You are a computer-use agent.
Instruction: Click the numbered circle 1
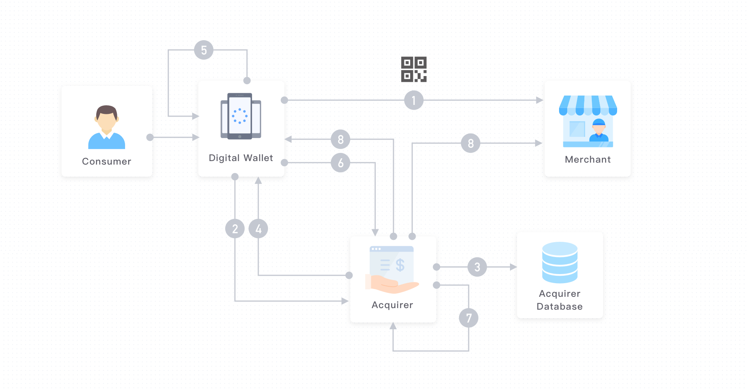coord(414,100)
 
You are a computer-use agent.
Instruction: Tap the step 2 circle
coord(235,229)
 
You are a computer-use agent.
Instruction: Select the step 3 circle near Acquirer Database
coord(477,267)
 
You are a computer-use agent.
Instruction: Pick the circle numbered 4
coord(258,229)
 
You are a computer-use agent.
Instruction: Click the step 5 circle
coord(204,50)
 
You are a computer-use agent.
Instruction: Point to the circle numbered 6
coord(340,163)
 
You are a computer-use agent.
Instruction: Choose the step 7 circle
coord(469,318)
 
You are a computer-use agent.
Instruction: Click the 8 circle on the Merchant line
coord(471,143)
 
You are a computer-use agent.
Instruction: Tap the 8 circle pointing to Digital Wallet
coord(340,139)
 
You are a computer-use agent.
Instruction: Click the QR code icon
coord(414,69)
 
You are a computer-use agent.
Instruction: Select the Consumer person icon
coord(107,127)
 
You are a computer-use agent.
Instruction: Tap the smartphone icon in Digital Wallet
coord(241,116)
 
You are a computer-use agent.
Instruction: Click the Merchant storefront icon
coord(588,121)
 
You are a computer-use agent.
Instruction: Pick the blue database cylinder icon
coord(560,262)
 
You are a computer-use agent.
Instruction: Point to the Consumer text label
coord(107,161)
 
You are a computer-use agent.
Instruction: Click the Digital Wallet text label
coord(241,158)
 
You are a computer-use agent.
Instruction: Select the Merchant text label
coord(588,160)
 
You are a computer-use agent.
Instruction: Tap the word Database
coord(560,307)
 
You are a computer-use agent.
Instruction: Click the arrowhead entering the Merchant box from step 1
coord(540,100)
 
